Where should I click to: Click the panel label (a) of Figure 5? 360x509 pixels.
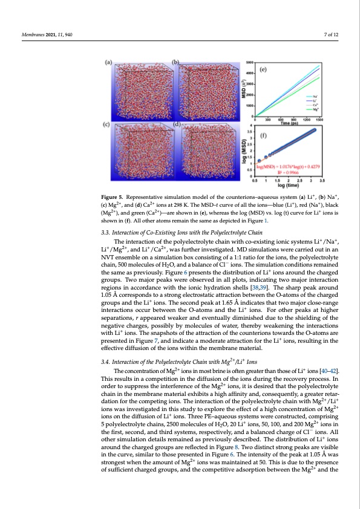[x=110, y=62]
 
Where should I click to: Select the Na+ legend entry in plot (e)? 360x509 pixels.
[x=316, y=96]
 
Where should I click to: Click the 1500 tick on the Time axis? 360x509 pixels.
[x=319, y=120]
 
